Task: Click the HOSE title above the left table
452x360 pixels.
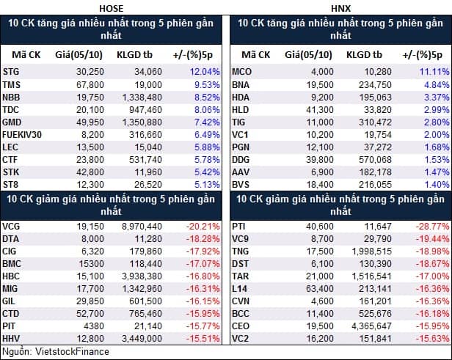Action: coord(112,8)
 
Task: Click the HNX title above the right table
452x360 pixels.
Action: coord(340,8)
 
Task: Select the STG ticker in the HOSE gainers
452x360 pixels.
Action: coord(11,71)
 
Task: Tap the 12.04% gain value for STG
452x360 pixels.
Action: coord(205,71)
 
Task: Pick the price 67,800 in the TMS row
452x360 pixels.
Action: coord(90,85)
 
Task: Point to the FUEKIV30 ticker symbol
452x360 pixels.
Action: coord(22,134)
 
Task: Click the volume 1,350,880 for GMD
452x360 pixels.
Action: coord(142,122)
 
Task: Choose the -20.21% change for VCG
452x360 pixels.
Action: coord(203,227)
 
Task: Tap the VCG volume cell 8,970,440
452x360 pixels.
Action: coord(142,227)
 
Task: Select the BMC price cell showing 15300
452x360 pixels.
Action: coord(92,263)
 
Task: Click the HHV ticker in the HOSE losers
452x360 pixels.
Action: coord(11,338)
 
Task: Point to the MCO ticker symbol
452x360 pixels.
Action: coord(241,71)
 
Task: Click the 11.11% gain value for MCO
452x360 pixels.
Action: coord(434,71)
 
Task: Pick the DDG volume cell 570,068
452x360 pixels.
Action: coord(375,160)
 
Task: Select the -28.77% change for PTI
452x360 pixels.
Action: coord(432,227)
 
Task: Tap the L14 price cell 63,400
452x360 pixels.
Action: coord(320,288)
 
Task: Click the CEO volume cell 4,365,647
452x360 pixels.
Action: coord(371,326)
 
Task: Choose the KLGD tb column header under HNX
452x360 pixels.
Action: coord(364,55)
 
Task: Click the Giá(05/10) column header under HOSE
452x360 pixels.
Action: coord(79,55)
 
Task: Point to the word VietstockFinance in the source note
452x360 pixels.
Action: coord(72,351)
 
